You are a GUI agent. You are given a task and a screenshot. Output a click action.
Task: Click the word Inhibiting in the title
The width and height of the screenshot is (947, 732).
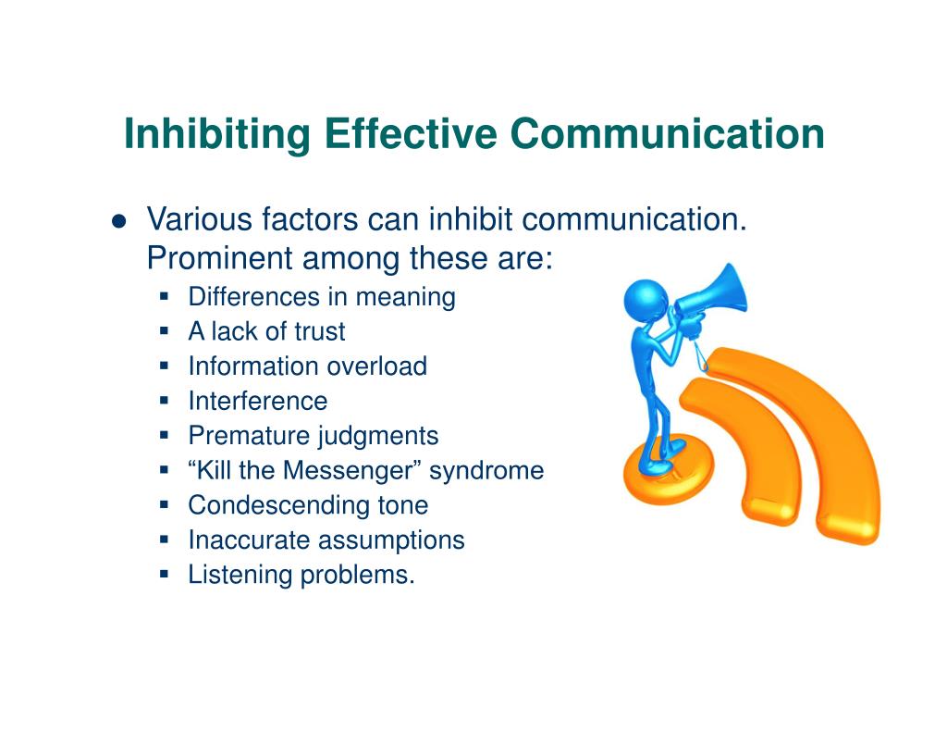(x=217, y=134)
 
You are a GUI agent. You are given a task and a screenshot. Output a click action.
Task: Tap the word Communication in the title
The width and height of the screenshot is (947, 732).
(x=668, y=133)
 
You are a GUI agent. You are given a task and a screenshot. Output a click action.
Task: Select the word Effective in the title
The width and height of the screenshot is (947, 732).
(x=411, y=133)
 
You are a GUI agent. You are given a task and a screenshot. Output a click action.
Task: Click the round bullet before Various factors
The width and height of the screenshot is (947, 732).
(x=119, y=221)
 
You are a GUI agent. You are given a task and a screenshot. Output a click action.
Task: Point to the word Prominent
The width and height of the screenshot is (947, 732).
(x=219, y=258)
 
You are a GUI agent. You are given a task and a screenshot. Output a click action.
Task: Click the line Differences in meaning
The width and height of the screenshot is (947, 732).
(x=322, y=297)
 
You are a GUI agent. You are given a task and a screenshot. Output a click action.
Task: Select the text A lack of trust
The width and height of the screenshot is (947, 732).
(x=266, y=331)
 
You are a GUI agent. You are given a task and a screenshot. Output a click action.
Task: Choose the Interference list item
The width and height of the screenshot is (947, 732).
(x=258, y=401)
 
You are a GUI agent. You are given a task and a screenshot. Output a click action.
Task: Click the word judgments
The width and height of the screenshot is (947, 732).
(x=378, y=437)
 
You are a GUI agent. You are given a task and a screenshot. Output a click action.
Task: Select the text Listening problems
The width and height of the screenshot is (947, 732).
(x=301, y=575)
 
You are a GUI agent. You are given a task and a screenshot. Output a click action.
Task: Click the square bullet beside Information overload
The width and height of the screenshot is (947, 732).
(x=165, y=366)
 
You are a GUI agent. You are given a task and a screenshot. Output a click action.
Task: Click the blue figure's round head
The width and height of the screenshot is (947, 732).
(x=646, y=301)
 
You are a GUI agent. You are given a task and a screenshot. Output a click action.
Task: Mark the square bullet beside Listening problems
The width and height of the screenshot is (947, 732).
(x=165, y=575)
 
